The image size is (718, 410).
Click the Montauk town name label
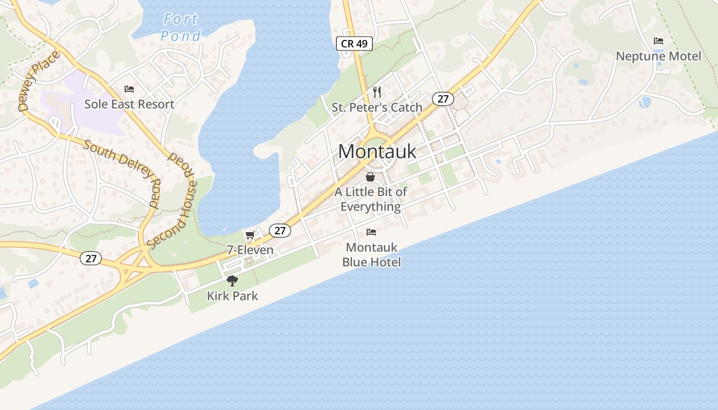click(x=377, y=152)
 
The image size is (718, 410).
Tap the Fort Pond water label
click(x=181, y=28)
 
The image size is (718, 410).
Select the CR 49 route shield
click(x=354, y=44)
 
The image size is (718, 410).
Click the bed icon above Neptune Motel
click(x=659, y=41)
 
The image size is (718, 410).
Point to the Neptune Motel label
click(x=659, y=56)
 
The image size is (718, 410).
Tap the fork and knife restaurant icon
click(x=377, y=92)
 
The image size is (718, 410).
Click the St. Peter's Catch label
click(x=377, y=108)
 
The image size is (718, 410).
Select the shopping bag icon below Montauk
click(x=370, y=177)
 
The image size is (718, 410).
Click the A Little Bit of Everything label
click(x=371, y=199)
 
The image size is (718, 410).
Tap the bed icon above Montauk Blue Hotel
click(x=371, y=232)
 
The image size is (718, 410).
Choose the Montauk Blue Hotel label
click(x=371, y=255)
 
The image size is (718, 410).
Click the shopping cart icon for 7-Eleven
click(x=250, y=235)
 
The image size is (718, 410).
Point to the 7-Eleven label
click(x=250, y=251)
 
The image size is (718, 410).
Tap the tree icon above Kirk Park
click(x=232, y=281)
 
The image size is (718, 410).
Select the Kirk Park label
click(x=232, y=296)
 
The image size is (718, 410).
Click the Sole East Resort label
click(x=129, y=104)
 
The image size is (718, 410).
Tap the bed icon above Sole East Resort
click(x=129, y=89)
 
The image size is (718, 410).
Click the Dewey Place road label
click(x=39, y=81)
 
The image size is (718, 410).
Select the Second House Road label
click(x=172, y=200)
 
